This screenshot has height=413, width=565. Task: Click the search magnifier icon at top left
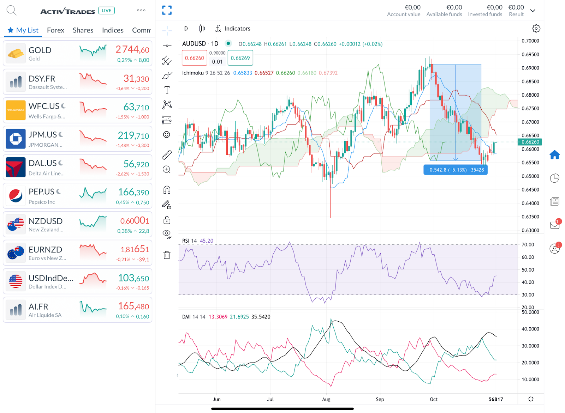tap(11, 11)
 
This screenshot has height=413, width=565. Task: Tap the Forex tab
tap(55, 30)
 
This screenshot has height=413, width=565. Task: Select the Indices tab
tap(113, 30)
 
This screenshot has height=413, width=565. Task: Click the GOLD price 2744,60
tap(132, 50)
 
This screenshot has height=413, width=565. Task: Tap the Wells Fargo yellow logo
tap(16, 110)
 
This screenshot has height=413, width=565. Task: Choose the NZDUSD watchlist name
tap(46, 221)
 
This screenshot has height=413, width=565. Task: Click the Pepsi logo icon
tap(16, 196)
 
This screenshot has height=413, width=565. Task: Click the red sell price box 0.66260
tap(194, 58)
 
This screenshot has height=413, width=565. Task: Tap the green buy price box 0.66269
tap(240, 58)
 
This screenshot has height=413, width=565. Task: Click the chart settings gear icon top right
tap(536, 29)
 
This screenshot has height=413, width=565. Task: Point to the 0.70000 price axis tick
tap(530, 41)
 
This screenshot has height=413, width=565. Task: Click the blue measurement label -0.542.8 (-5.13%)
tap(455, 170)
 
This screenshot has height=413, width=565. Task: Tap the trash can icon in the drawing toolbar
tap(167, 255)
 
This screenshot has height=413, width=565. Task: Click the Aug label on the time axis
tap(326, 399)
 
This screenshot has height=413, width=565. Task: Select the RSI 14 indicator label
tap(189, 241)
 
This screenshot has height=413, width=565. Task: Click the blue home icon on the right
tap(554, 155)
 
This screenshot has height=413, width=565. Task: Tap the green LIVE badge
tap(106, 11)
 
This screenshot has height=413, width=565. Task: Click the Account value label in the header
tap(404, 14)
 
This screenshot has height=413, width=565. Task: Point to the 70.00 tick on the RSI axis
tap(528, 245)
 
